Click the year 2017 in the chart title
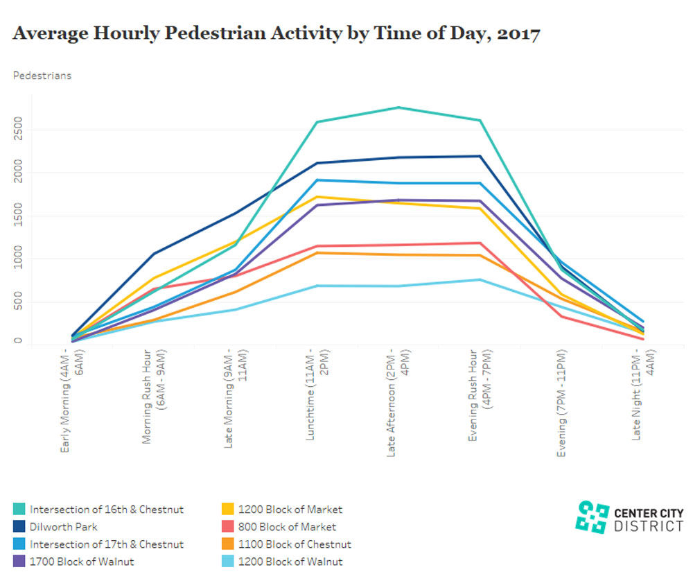click(516, 33)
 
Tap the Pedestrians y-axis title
click(42, 76)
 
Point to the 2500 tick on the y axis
click(19, 130)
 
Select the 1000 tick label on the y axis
click(19, 259)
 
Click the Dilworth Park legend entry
click(63, 527)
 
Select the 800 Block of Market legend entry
click(287, 527)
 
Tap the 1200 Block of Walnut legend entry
click(290, 562)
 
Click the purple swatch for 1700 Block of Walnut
click(19, 562)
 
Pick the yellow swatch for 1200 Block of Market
click(227, 510)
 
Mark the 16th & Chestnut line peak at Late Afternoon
click(398, 107)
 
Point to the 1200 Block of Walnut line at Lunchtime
click(316, 286)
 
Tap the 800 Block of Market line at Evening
click(561, 317)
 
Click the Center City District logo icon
click(593, 517)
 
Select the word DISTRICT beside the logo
click(649, 526)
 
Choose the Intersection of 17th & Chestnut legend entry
click(107, 544)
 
